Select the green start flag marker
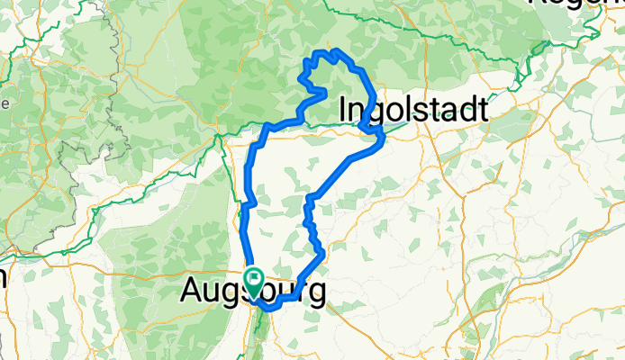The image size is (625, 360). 254,281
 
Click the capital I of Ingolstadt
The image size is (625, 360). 344,110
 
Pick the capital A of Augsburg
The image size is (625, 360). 192,291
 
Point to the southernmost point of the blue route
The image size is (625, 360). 267,310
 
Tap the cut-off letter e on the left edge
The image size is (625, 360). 4,103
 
